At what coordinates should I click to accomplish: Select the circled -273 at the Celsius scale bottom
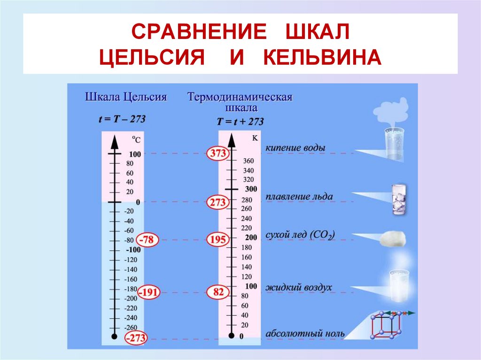point(135,337)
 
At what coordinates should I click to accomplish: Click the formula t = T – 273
point(122,119)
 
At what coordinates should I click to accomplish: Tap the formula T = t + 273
point(240,122)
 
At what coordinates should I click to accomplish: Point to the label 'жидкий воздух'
point(299,287)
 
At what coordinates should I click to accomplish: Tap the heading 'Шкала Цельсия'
point(126,97)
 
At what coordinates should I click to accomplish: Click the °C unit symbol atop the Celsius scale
point(136,139)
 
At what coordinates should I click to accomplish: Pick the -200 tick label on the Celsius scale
point(131,299)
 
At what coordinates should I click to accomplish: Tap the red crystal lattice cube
point(384,326)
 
